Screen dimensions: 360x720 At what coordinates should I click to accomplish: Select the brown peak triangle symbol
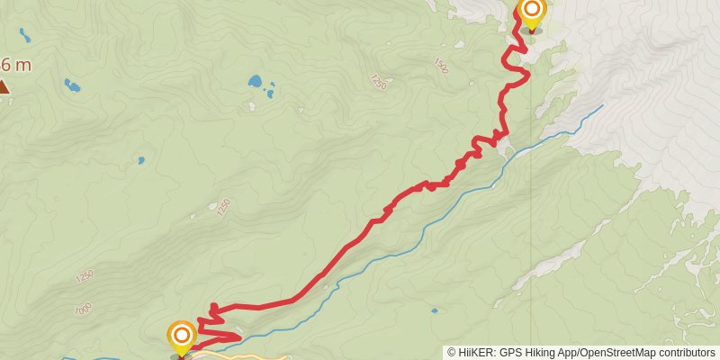pos(4,87)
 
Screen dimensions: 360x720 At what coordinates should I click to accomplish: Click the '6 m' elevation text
pos(16,65)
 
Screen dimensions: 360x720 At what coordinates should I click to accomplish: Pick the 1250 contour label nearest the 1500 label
pos(377,81)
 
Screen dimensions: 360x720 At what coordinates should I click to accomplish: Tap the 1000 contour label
pos(84,308)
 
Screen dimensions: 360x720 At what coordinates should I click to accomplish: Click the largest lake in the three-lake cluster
pos(256,82)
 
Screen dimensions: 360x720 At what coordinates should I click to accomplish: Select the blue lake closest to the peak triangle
pos(70,86)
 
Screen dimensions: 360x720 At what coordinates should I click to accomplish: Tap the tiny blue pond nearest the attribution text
pos(435,311)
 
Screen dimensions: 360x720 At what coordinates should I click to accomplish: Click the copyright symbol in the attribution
pos(452,353)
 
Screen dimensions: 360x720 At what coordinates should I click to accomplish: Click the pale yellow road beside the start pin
pos(225,354)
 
